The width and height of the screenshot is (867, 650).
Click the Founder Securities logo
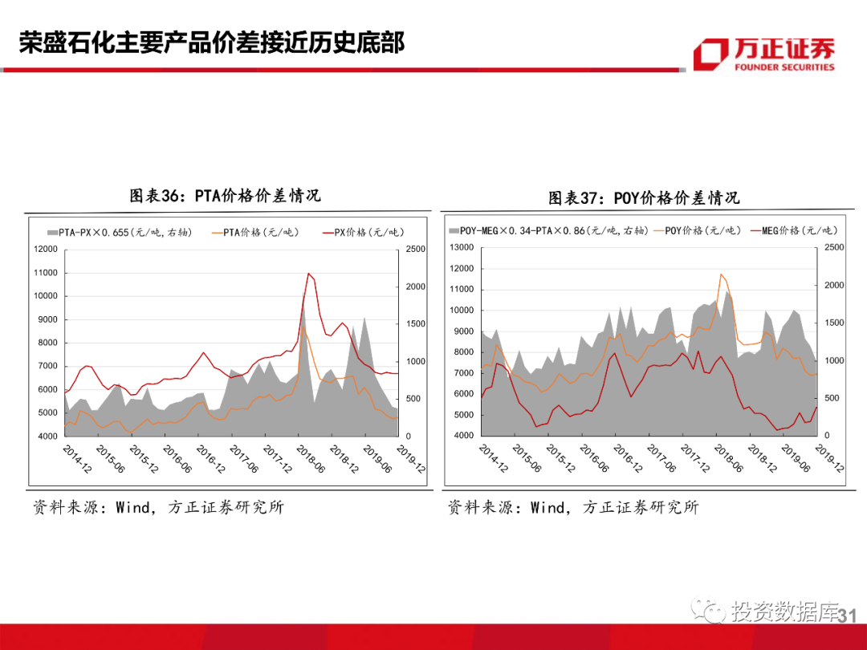click(763, 53)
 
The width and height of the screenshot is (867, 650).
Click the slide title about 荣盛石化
click(212, 43)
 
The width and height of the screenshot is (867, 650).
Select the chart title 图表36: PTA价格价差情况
click(225, 196)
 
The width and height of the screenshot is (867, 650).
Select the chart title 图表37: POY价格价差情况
click(644, 197)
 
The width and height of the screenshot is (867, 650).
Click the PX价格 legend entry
click(362, 233)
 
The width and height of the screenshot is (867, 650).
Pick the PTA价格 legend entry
click(254, 233)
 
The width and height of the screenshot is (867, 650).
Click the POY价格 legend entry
click(697, 231)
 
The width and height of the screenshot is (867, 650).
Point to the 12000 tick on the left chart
click(46, 250)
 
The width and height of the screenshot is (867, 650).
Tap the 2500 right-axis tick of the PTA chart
click(415, 250)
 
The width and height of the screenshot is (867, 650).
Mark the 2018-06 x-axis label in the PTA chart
click(311, 460)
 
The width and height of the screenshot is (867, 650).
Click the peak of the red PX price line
click(308, 274)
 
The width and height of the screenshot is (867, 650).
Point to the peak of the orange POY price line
click(721, 274)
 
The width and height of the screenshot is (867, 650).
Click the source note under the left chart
click(158, 507)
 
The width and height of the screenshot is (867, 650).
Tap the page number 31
click(848, 615)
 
